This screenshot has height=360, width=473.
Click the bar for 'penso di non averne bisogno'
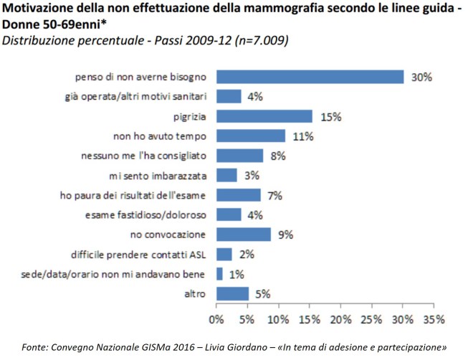(x=310, y=77)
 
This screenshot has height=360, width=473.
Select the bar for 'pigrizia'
(x=264, y=116)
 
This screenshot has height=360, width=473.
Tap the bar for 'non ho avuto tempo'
(x=251, y=136)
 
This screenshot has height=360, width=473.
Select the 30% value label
(x=421, y=77)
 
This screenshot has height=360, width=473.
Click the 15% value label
(x=330, y=116)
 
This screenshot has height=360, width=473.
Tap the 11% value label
(x=304, y=136)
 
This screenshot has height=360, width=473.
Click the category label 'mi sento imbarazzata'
(x=161, y=175)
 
